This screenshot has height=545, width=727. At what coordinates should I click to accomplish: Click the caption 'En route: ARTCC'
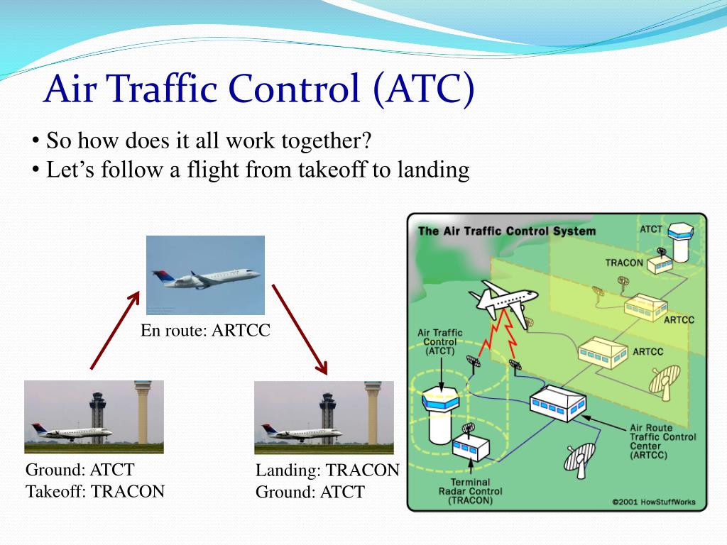click(x=205, y=330)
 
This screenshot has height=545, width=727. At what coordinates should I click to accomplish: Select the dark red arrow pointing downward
click(x=300, y=329)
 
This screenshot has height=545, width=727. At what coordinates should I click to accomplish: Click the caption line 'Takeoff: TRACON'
click(x=95, y=491)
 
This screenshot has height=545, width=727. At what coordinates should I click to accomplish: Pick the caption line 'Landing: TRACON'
click(x=327, y=470)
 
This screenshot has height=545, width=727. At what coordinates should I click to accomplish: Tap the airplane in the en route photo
click(x=206, y=277)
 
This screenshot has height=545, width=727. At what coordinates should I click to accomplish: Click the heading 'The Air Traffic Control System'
click(x=507, y=231)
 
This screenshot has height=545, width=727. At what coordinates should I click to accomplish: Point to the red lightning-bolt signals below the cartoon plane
click(x=499, y=335)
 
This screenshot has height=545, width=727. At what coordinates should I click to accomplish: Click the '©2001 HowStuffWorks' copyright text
click(x=654, y=502)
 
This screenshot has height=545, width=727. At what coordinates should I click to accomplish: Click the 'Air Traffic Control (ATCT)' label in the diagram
click(x=439, y=341)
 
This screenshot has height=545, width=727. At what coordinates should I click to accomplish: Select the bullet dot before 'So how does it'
click(x=35, y=141)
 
